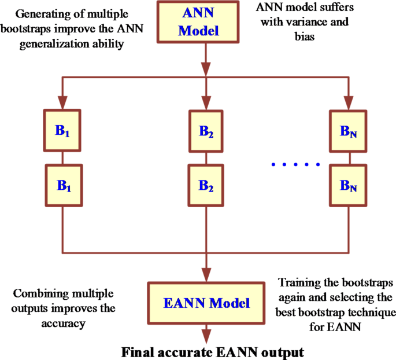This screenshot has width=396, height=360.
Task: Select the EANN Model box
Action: tap(206, 302)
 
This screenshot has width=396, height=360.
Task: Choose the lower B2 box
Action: tap(206, 185)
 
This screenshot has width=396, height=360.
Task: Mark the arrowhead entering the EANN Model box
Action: tap(206, 277)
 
